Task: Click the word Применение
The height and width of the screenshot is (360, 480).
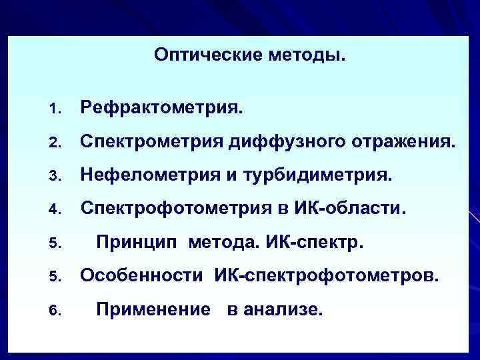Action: click(149, 309)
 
